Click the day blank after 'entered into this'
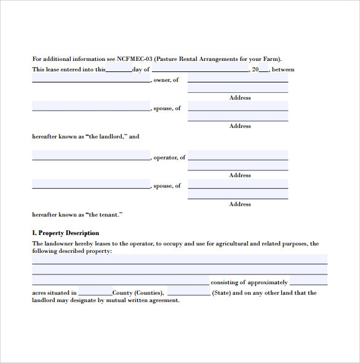pos(118,70)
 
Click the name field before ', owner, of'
pos(90,79)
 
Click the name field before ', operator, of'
pos(90,156)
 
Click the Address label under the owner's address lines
pos(239,98)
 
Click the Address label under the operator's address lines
pos(239,175)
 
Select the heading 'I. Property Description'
pos(65,233)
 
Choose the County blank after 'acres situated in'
pos(95,292)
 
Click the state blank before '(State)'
pos(188,292)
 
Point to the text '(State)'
pos(222,293)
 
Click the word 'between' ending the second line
pos(283,70)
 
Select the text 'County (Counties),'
pos(138,293)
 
